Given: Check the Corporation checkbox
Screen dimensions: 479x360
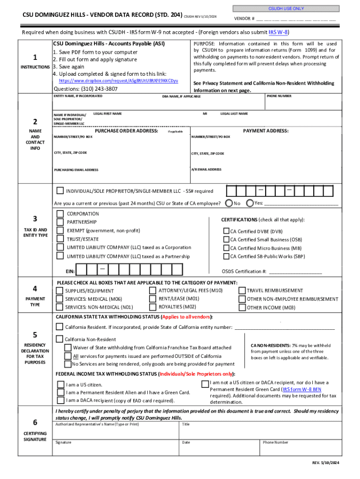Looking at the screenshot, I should [x=60, y=214].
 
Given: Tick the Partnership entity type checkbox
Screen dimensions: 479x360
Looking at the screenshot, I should [x=60, y=222].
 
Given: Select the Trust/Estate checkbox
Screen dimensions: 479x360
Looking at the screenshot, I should [x=60, y=239].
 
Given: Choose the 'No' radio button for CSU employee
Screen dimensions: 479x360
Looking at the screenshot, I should [x=229, y=203].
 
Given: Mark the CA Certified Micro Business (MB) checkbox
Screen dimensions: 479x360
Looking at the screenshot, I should [x=226, y=248].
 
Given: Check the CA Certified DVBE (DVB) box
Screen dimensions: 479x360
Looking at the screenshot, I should [x=226, y=231].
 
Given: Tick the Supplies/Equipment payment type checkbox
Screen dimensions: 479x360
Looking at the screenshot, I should [x=59, y=290].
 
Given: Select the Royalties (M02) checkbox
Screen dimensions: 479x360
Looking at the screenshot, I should [x=153, y=307].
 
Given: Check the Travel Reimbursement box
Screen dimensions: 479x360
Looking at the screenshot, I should [x=242, y=290].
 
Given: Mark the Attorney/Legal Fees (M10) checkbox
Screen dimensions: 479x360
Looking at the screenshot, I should [x=153, y=290].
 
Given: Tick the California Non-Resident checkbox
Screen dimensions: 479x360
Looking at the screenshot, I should [x=59, y=339].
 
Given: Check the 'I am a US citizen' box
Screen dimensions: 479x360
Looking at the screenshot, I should [x=61, y=385].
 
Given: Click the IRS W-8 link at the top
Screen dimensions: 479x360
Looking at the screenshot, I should [x=279, y=32].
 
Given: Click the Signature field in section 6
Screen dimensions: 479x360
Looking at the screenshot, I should [x=117, y=450].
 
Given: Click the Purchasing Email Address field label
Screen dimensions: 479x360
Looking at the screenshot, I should [x=76, y=170].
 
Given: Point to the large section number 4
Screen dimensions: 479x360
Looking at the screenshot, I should [x=35, y=288].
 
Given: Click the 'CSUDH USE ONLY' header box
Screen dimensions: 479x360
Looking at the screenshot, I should [x=286, y=8].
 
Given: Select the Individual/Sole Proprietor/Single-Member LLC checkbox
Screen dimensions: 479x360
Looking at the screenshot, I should [x=60, y=190].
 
